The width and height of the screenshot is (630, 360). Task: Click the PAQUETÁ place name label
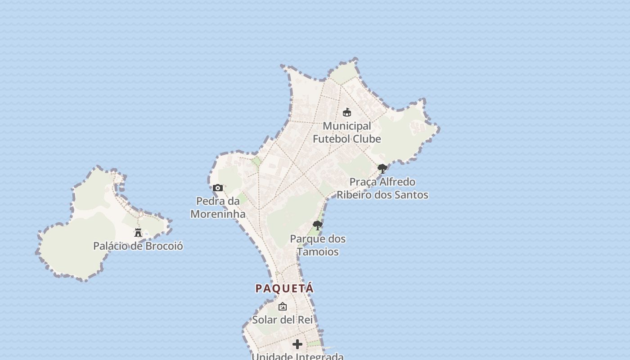[x=284, y=288]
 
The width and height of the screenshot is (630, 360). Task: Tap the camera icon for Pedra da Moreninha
[x=218, y=188]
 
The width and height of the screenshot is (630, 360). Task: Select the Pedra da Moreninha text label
[x=218, y=207]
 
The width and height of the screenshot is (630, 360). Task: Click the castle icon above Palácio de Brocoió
[x=138, y=233]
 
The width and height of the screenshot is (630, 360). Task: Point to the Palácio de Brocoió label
[x=138, y=246]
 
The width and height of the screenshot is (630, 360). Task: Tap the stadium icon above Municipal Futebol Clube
[x=347, y=112]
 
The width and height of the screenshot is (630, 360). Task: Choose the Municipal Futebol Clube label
[x=347, y=132]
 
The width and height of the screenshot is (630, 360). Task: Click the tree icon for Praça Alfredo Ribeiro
[x=382, y=169]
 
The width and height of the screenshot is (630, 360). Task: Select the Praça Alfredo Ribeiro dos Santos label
[x=382, y=189]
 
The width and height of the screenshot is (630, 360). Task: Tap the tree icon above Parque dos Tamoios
[x=318, y=225]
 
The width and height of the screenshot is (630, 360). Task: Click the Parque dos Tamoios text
[x=318, y=245]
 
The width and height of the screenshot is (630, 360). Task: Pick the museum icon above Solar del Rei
[x=283, y=306]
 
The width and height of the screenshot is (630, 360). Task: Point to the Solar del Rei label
[x=282, y=320]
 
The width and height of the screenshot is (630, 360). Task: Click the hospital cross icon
[x=297, y=344]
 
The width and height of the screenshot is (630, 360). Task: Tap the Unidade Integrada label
[x=297, y=356]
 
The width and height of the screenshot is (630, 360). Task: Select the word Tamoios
[x=318, y=252]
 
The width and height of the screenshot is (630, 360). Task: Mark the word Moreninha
[x=218, y=214]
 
